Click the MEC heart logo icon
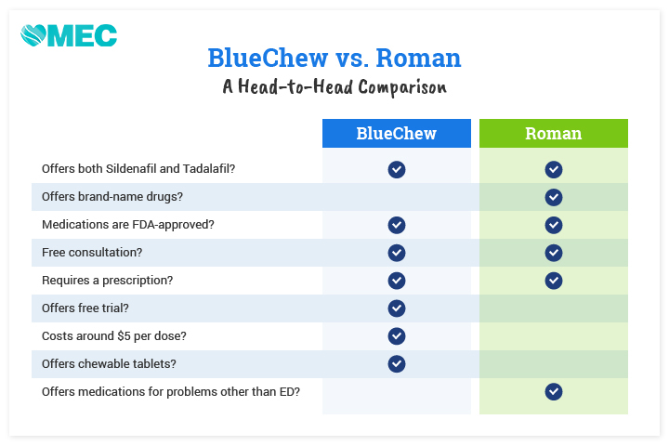pos(33,35)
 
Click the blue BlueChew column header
pos(397,133)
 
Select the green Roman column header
pos(554,133)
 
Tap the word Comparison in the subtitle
pos(402,87)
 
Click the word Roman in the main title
pos(418,58)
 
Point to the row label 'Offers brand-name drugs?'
pos(112,197)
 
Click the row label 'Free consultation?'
pos(92,252)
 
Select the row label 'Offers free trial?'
pos(85,308)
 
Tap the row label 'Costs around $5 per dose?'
pos(114,335)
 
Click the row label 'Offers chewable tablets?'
pos(109,363)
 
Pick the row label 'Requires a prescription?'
pos(108,281)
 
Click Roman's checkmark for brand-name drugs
pos(554,197)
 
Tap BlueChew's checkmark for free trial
pos(397,308)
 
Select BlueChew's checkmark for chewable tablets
pos(397,363)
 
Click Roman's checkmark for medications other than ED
pos(554,391)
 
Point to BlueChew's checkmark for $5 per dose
pos(397,335)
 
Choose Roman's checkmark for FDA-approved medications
pos(554,225)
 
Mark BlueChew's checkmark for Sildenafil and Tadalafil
pos(397,169)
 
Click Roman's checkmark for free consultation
pos(554,253)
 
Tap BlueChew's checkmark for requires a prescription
pos(397,281)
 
